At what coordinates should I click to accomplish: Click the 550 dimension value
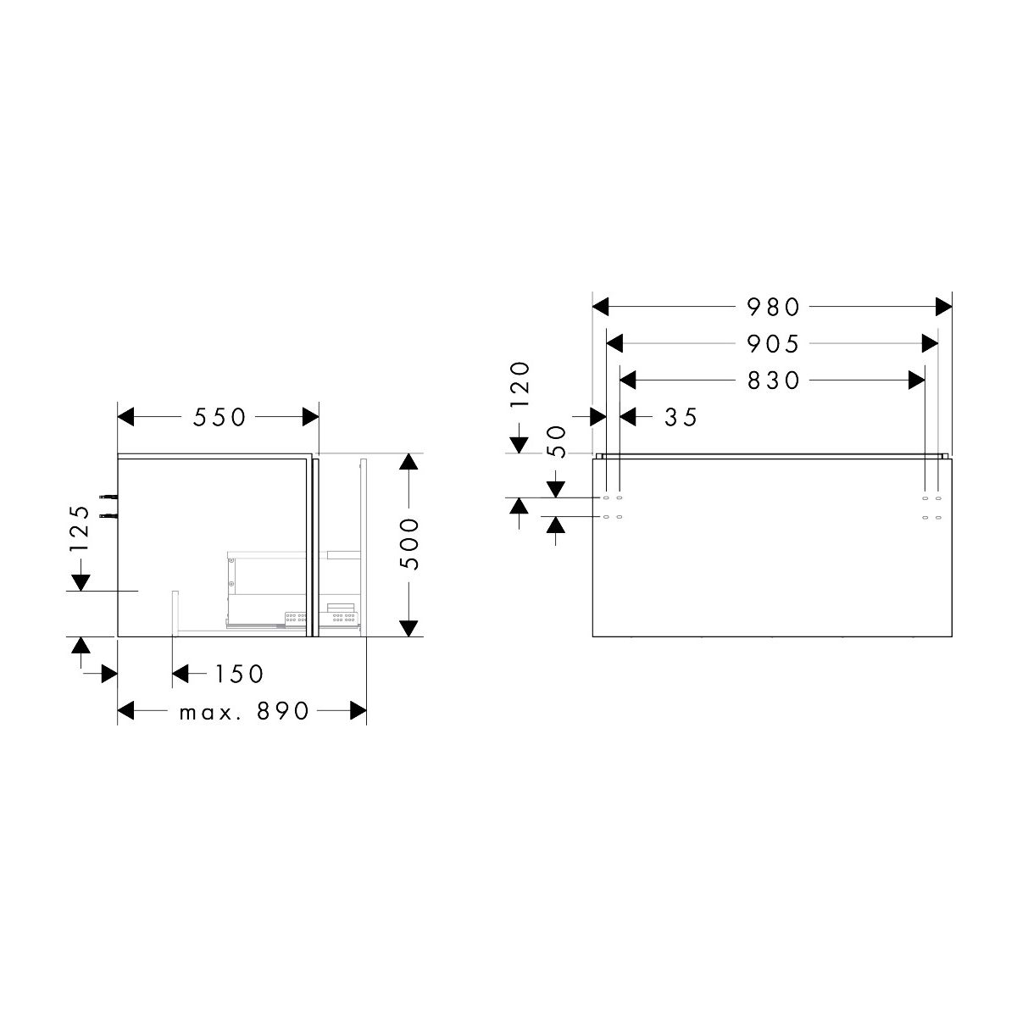[x=219, y=418]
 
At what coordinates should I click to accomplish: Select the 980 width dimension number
[x=773, y=307]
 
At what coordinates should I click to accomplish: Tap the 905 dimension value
[x=773, y=344]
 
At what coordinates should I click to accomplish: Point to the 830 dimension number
[x=773, y=381]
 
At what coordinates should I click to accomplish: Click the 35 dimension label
[x=681, y=418]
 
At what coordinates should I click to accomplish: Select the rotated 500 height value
[x=409, y=544]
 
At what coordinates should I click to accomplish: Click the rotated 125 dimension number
[x=81, y=529]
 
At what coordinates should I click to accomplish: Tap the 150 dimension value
[x=239, y=674]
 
